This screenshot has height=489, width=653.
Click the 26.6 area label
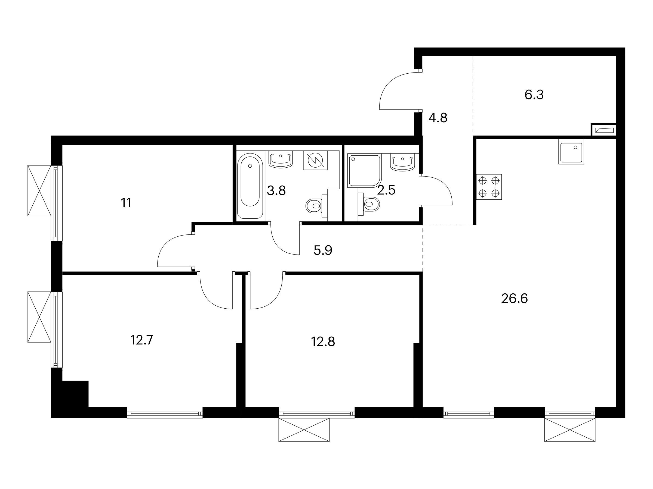click(514, 299)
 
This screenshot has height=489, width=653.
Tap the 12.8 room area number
click(323, 342)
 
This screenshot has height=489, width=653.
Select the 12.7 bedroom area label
click(141, 340)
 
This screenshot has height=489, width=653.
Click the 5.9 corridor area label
click(323, 250)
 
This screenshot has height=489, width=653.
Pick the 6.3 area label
click(534, 95)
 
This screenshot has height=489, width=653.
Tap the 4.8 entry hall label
click(438, 118)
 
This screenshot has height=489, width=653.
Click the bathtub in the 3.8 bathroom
click(250, 186)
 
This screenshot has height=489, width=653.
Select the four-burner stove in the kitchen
click(489, 187)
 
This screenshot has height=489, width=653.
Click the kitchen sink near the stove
click(571, 152)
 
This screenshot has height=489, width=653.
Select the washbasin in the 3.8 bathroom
click(281, 159)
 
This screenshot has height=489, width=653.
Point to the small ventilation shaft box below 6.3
click(603, 130)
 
